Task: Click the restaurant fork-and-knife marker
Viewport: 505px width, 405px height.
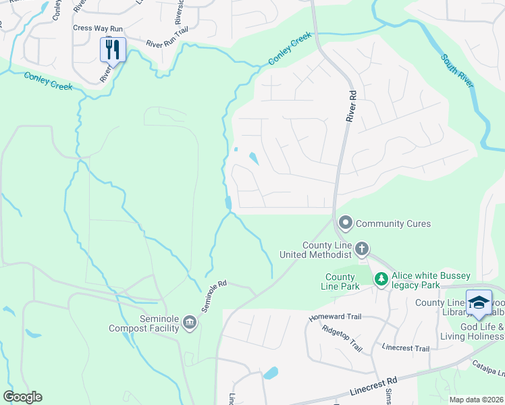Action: pos(112,49)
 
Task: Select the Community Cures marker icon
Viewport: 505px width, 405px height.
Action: pos(346,223)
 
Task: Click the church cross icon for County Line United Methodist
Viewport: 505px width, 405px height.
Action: pos(362,249)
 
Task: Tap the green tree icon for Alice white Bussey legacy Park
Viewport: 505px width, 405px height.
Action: pos(381,279)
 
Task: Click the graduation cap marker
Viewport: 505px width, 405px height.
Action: pos(479,302)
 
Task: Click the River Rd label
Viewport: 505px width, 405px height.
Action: pos(350,108)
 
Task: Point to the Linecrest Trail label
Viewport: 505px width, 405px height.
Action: pos(405,348)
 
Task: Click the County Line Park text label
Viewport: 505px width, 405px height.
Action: pos(340,281)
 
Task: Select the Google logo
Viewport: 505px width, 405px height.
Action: pos(22,397)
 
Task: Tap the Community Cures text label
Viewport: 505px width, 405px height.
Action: pos(393,223)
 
